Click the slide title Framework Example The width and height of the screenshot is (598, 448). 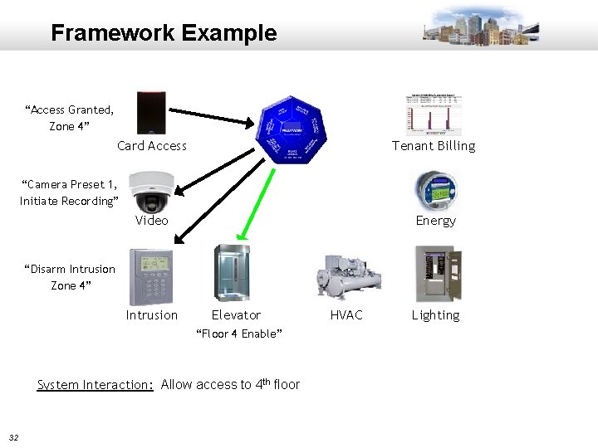(x=164, y=33)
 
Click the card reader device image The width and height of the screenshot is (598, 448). (x=152, y=113)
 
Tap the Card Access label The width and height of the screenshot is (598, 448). (x=152, y=146)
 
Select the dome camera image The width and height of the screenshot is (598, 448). (x=152, y=192)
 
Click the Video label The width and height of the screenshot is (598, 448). (x=151, y=221)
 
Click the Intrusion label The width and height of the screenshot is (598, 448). (x=151, y=315)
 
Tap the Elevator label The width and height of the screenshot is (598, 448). (x=236, y=315)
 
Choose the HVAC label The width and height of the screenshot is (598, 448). (x=346, y=315)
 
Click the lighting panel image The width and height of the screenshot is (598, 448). (x=437, y=274)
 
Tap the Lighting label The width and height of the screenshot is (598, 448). (x=435, y=315)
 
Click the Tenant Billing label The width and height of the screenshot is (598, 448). (x=434, y=146)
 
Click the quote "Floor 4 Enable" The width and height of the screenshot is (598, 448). (x=238, y=334)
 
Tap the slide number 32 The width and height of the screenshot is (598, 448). (x=14, y=437)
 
